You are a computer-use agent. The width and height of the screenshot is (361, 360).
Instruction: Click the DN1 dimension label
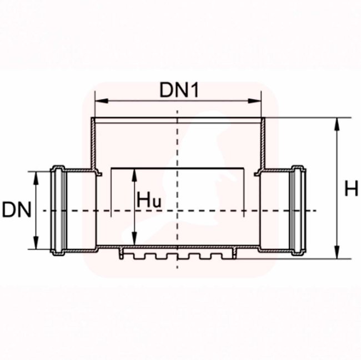[x=179, y=90]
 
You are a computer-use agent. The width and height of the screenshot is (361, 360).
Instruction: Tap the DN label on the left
[x=17, y=210]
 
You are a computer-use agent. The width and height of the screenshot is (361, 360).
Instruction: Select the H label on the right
[x=351, y=188]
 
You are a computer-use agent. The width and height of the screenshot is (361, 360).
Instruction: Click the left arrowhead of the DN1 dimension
[x=102, y=101]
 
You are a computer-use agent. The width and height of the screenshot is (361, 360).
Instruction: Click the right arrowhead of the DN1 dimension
[x=254, y=101]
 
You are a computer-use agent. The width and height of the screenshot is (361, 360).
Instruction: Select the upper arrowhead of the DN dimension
[x=36, y=178]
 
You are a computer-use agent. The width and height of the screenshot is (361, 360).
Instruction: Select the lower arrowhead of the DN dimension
[x=36, y=243]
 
